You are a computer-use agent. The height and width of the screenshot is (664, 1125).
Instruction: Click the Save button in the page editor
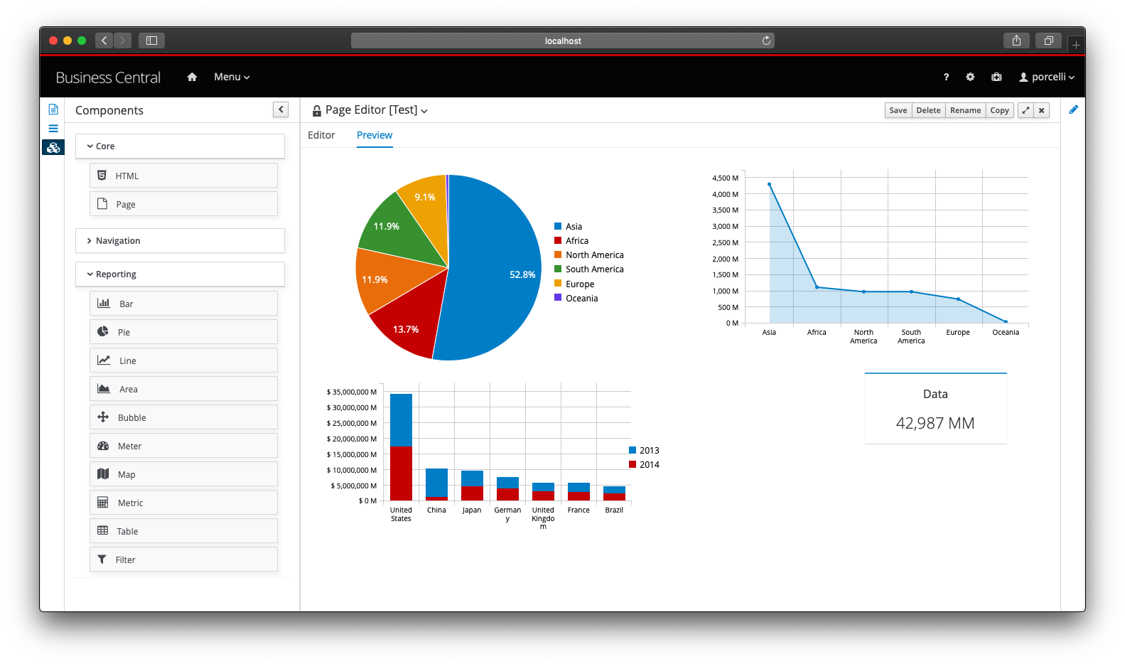pos(898,110)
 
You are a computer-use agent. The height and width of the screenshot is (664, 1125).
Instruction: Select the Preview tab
pos(375,135)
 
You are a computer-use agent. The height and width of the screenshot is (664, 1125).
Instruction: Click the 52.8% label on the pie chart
pos(522,274)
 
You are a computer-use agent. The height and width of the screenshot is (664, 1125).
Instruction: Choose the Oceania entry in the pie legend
pos(581,299)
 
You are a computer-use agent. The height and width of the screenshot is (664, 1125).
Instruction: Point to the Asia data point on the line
pos(769,184)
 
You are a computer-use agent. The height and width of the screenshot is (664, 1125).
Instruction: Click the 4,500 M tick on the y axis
pos(725,178)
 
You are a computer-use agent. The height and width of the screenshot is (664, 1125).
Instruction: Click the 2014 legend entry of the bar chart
pos(649,465)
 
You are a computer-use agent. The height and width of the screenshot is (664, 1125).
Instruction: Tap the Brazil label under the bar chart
pos(614,510)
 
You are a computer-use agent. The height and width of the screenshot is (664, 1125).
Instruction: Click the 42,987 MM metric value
pos(935,423)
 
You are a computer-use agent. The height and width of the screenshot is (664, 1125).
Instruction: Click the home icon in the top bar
pos(192,77)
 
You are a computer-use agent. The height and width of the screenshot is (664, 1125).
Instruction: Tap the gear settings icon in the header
pos(970,77)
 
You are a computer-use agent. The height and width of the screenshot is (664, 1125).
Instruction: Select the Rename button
pos(965,110)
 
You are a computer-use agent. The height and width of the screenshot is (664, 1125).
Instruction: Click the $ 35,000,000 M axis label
pos(352,392)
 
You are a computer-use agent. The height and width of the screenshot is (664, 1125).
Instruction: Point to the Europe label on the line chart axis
pos(958,333)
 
